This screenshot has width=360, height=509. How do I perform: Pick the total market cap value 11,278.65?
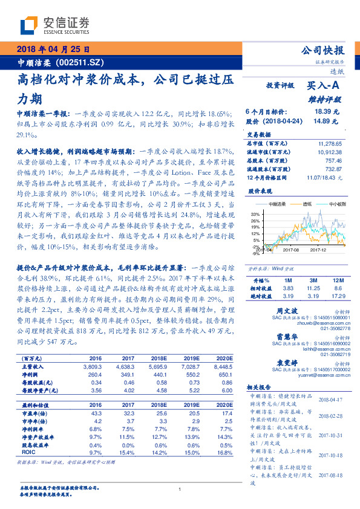(330, 144)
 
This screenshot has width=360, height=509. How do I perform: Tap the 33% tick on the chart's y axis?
(254, 214)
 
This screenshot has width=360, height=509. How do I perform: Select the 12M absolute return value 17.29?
(335, 296)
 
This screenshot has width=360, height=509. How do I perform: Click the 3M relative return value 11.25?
(312, 289)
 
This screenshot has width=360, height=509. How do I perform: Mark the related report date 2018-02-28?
(330, 417)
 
